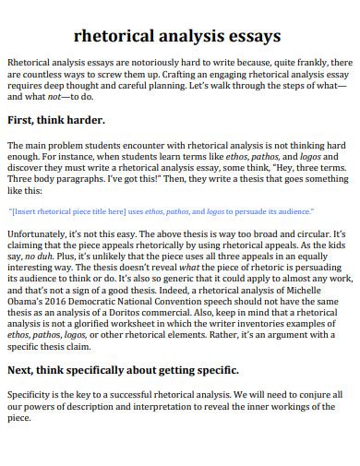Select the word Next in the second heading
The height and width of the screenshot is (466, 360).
point(23,370)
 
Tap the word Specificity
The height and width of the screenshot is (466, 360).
point(30,392)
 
